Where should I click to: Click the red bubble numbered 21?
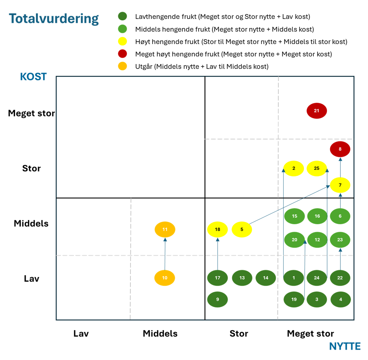[x=317, y=111]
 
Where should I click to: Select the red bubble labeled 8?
[x=340, y=149]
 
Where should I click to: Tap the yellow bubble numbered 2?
[x=293, y=168]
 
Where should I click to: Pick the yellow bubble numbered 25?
[x=317, y=168]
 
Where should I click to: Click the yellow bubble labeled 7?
[x=340, y=185]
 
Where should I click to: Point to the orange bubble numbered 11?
[x=165, y=230]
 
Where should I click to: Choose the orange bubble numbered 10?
[x=165, y=278]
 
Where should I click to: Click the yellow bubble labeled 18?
[x=218, y=230]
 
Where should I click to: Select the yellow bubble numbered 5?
[x=242, y=230]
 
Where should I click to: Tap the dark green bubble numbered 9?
[x=218, y=299]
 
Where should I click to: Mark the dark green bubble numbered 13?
[x=242, y=278]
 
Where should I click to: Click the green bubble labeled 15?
[x=294, y=216]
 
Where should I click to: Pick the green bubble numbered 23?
[x=340, y=240]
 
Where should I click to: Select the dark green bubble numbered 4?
[x=340, y=299]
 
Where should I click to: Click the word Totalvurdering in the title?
[x=54, y=19]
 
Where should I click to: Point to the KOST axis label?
[x=33, y=77]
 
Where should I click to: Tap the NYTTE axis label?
[x=345, y=346]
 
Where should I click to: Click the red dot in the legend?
[x=122, y=54]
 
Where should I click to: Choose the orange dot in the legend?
[x=122, y=66]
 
